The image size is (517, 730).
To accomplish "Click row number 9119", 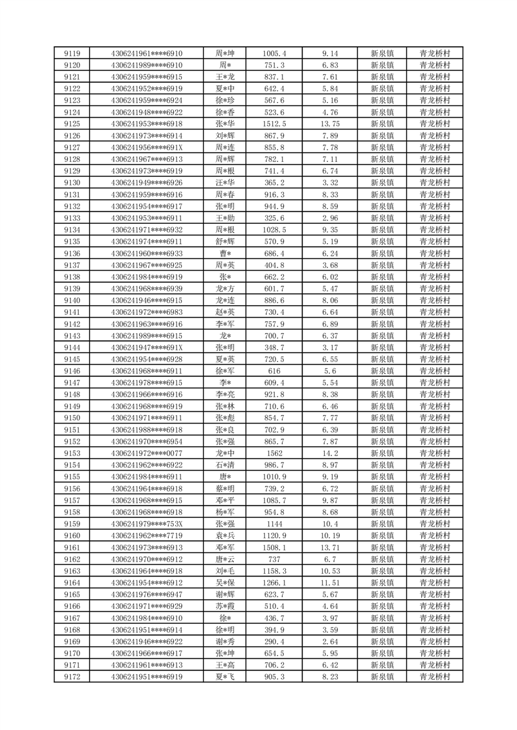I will (x=72, y=53).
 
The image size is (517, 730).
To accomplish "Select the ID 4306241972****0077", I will (x=147, y=453).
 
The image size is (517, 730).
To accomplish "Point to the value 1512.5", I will (x=273, y=124).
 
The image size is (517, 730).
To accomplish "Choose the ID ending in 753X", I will (x=147, y=524).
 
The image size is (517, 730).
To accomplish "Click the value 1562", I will (x=273, y=453).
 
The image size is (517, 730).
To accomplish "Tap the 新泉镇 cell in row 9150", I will (x=382, y=418).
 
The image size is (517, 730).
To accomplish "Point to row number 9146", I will (x=72, y=371).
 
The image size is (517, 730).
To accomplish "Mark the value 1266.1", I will (x=273, y=582).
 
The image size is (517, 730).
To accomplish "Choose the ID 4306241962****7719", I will (x=147, y=535).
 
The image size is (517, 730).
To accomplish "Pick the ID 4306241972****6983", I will (x=147, y=312).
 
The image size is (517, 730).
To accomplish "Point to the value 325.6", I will (x=273, y=218).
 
